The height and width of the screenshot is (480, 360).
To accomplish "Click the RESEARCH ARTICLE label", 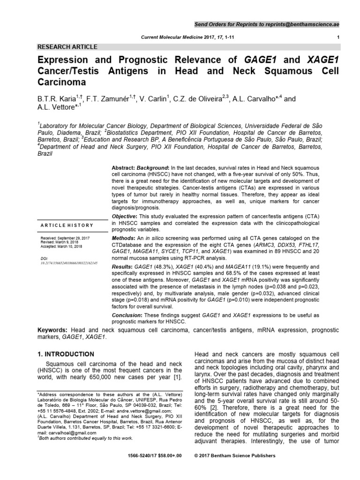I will [x=67, y=47].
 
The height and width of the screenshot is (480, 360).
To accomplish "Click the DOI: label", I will [x=45, y=258].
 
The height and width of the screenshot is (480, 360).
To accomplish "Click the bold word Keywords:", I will [x=54, y=331].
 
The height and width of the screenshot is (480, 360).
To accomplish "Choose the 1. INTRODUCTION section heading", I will [x=66, y=354].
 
